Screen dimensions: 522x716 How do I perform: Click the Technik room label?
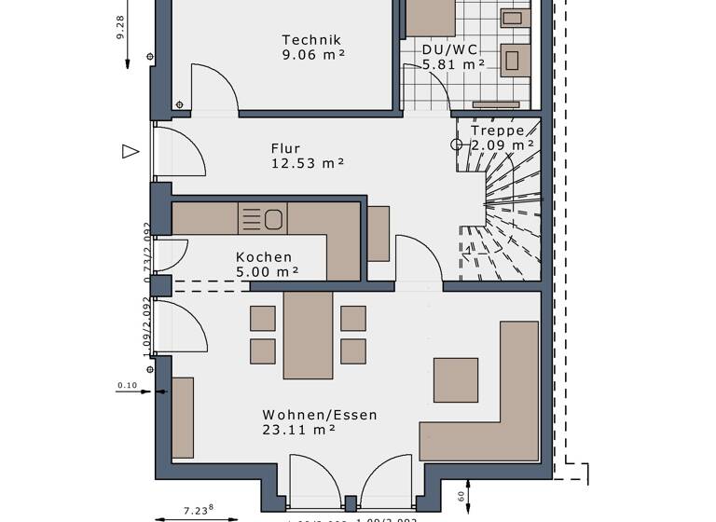click(312, 40)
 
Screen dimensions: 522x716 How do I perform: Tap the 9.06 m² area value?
click(312, 55)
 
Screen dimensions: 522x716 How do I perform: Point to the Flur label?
click(285, 148)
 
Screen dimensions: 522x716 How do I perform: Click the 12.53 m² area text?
click(308, 163)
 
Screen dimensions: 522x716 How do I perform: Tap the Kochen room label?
click(264, 257)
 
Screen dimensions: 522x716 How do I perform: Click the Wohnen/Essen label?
click(320, 415)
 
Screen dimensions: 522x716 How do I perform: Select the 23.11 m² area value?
click(298, 430)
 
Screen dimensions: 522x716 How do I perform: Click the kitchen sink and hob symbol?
click(263, 219)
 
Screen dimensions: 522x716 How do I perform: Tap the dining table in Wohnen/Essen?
click(308, 335)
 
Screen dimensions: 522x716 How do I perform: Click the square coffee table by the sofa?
click(456, 379)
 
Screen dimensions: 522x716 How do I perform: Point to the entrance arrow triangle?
click(131, 151)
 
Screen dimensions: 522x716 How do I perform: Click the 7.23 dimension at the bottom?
click(197, 510)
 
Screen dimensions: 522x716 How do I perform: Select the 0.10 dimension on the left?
click(127, 385)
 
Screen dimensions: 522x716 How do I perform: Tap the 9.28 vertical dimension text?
click(120, 27)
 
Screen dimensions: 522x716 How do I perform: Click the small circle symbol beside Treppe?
click(457, 144)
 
